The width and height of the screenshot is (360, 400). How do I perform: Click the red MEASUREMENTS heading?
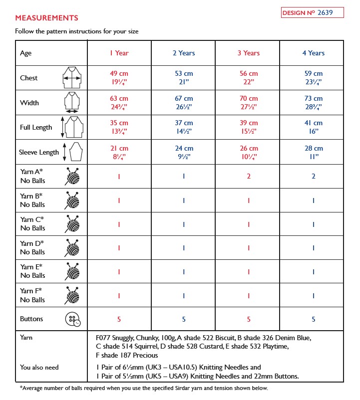coord(46,18)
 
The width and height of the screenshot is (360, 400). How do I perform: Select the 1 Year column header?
coord(119,53)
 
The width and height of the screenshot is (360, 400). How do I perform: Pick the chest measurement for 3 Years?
coord(249,78)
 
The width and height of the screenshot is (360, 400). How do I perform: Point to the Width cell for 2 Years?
coord(184,103)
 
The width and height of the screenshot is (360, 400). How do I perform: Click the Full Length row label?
coord(36,127)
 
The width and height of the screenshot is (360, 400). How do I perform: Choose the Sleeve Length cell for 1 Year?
coord(119,152)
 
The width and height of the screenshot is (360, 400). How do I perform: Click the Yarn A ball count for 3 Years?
coord(249,176)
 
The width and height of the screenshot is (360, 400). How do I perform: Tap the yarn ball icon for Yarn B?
coord(72,200)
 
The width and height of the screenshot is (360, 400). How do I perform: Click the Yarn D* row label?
coord(32,247)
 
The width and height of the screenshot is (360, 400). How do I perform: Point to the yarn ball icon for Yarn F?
coord(72,295)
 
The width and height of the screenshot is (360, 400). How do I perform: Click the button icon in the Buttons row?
coord(72,319)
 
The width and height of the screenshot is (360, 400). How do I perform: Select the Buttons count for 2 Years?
coord(184,319)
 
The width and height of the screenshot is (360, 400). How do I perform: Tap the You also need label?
coord(39,367)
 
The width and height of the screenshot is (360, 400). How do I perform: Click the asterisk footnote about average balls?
coord(144,388)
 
